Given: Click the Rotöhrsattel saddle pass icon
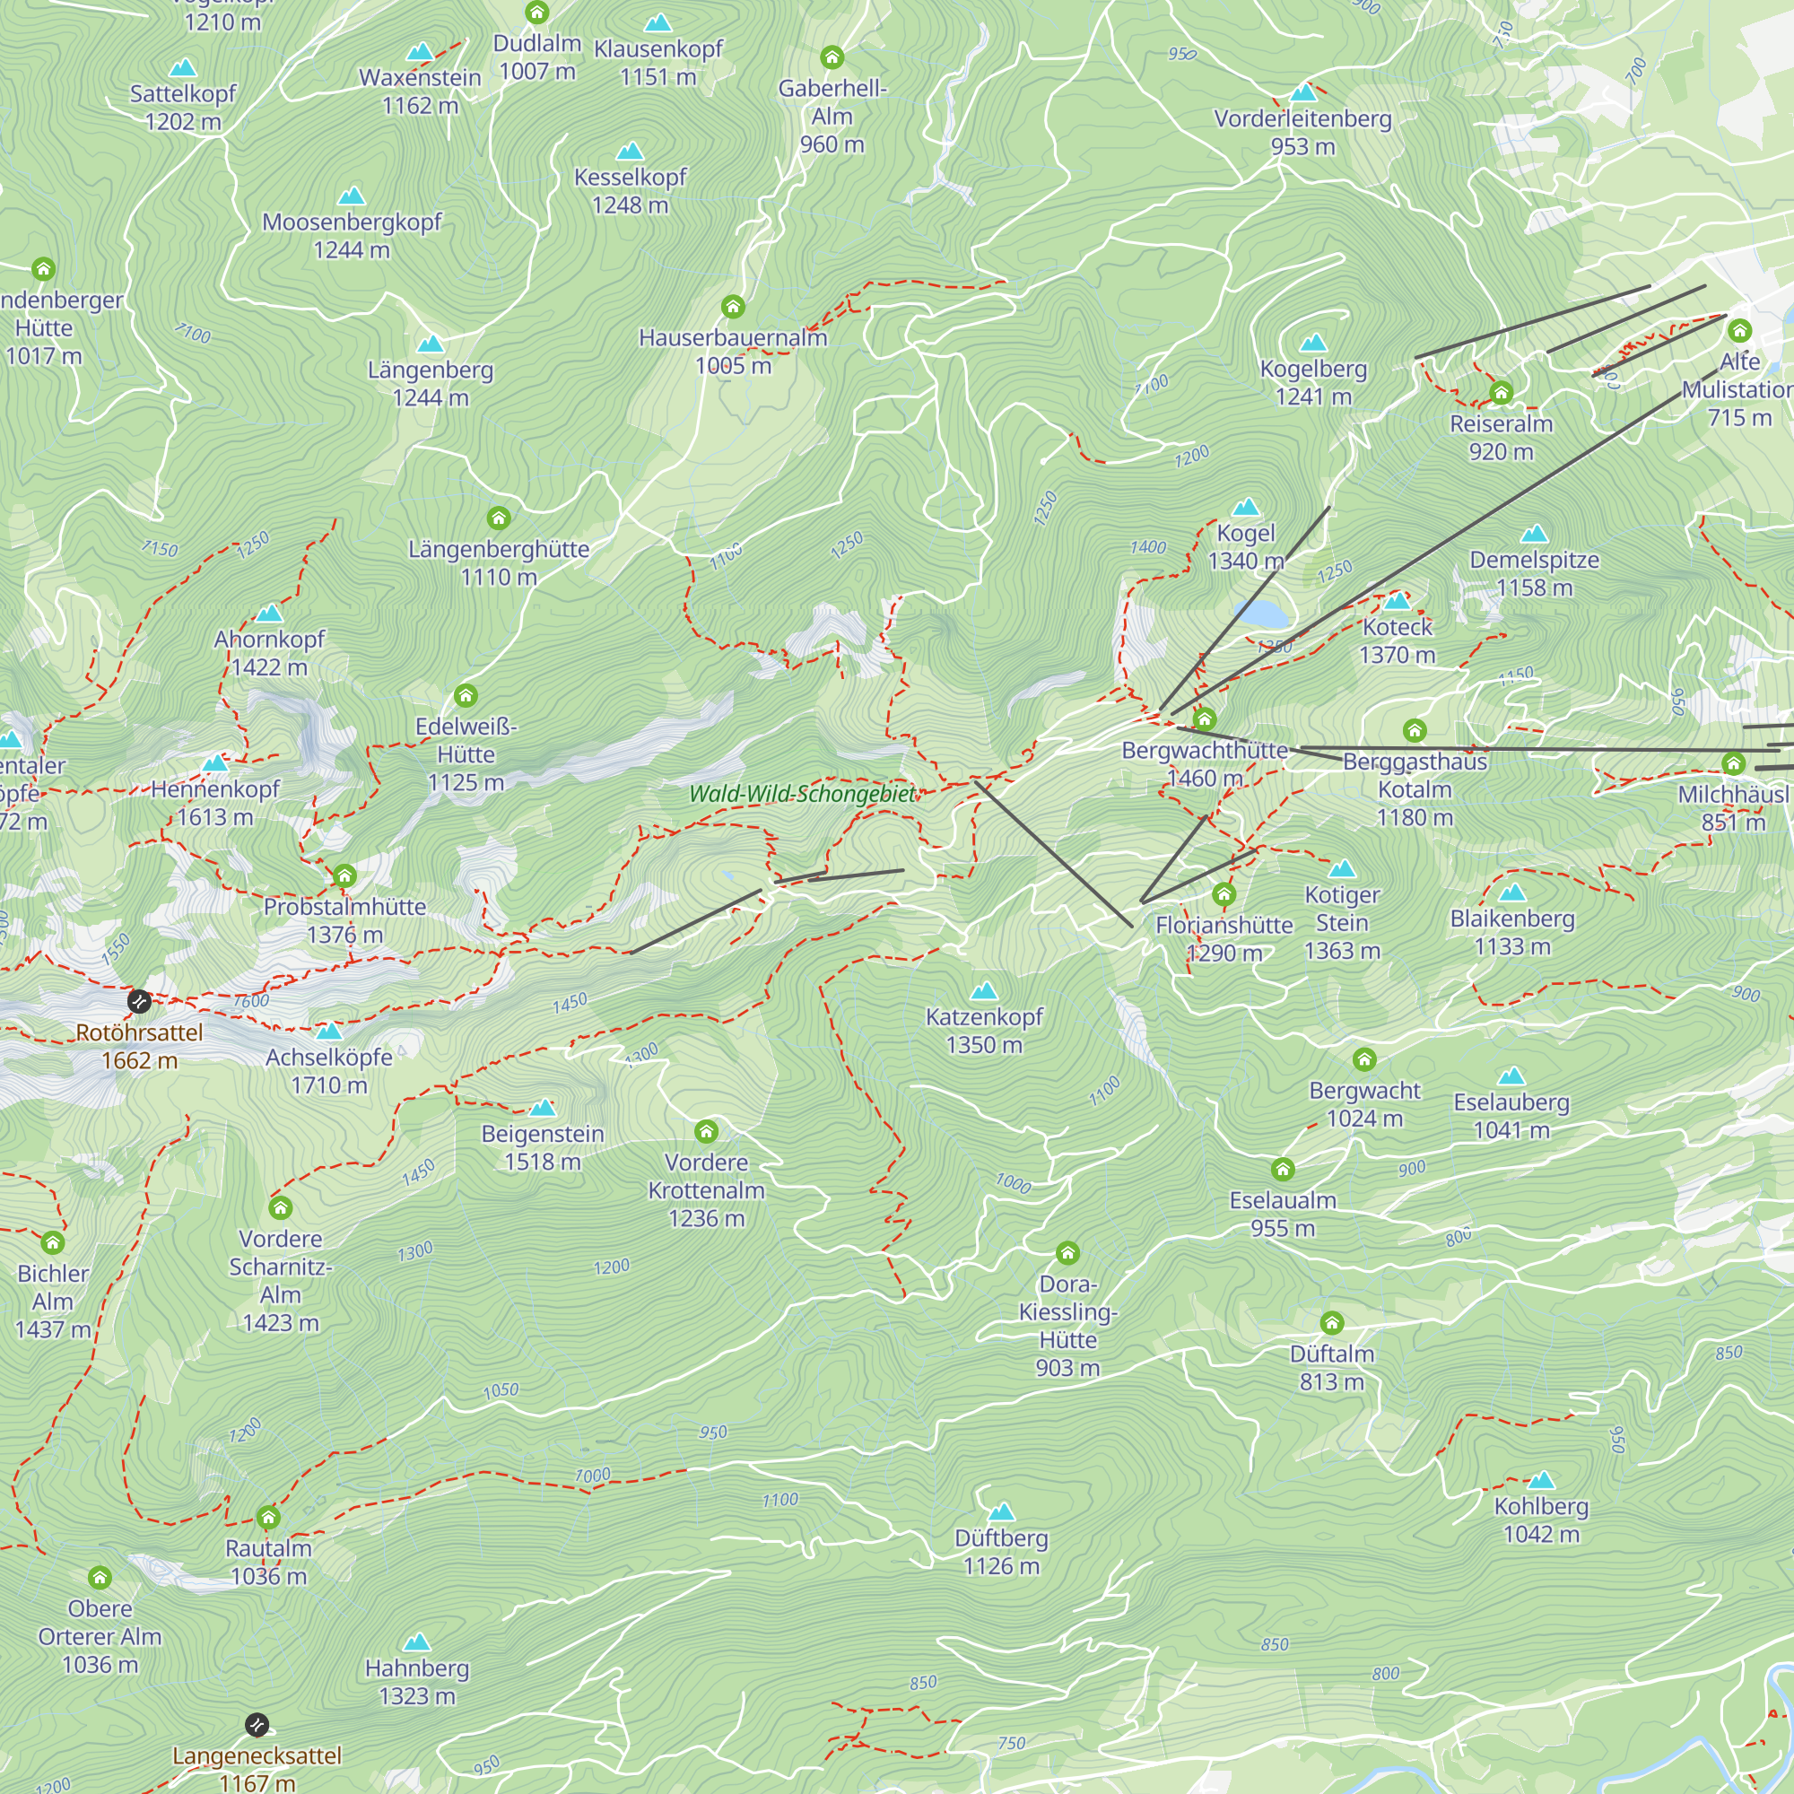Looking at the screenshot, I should click(x=139, y=1001).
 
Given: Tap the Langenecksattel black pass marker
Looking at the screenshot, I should click(x=257, y=1725).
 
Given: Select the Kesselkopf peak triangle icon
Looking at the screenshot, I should click(x=631, y=152).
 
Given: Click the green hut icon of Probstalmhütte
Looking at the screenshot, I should click(x=344, y=875).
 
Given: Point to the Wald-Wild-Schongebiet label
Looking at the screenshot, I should click(x=802, y=794).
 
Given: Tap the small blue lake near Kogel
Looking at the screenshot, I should click(x=1262, y=614).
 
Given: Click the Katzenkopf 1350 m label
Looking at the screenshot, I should click(x=984, y=1031).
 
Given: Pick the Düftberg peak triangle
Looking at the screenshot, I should click(x=1001, y=1512).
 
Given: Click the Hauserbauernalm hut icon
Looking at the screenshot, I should click(x=733, y=307).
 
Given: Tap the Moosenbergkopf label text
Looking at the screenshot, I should click(x=352, y=222).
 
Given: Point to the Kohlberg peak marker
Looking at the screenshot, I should click(x=1541, y=1480).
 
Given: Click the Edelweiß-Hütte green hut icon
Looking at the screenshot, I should click(x=466, y=695).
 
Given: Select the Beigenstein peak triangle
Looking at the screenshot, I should click(x=544, y=1108).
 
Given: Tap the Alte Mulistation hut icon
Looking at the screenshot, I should click(x=1739, y=329).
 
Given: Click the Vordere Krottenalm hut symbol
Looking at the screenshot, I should click(x=707, y=1131).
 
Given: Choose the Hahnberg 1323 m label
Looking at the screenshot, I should click(x=417, y=1682).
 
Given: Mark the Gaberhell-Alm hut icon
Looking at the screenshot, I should click(x=832, y=57).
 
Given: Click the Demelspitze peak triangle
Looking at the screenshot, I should click(x=1535, y=534).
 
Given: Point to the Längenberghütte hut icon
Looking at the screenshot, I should click(x=499, y=518).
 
